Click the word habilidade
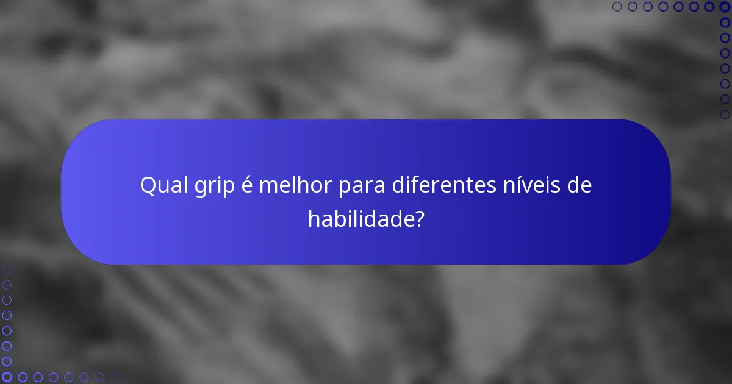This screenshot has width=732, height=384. tap(359, 219)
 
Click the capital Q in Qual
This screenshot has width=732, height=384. tap(146, 185)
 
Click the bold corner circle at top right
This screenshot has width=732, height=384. tap(725, 7)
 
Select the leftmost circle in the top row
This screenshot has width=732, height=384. tap(617, 7)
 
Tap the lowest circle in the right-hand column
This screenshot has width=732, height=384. tap(725, 114)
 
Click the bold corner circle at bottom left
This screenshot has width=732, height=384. tap(7, 377)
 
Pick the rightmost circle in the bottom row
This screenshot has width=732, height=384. tap(115, 377)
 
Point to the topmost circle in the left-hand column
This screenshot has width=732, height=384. tap(7, 269)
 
